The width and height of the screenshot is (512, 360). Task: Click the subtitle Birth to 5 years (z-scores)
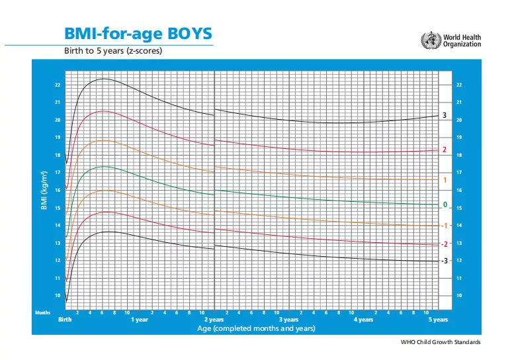tap(112, 50)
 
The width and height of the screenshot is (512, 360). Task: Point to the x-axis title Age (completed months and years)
tap(256, 328)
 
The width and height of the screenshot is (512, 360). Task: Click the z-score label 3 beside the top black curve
tap(445, 116)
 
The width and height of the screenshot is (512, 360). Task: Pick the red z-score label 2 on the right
tap(445, 150)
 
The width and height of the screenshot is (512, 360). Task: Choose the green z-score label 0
tap(445, 204)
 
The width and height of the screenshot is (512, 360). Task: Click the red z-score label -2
tap(444, 244)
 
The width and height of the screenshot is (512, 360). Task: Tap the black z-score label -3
tap(444, 261)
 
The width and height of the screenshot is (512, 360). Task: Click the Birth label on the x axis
tap(65, 320)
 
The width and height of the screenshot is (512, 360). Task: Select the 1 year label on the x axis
tap(139, 320)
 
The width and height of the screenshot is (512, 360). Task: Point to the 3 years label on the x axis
tap(288, 320)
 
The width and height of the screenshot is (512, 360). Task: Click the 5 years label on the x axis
tap(438, 320)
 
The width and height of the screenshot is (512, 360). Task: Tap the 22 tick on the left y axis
tap(58, 85)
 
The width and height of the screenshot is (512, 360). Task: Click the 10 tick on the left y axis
tap(58, 296)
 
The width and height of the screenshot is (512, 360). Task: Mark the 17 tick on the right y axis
tap(459, 173)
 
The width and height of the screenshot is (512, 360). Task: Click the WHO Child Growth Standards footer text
tap(441, 342)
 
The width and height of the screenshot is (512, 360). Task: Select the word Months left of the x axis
tap(42, 312)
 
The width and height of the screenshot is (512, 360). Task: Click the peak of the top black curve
tap(105, 79)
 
